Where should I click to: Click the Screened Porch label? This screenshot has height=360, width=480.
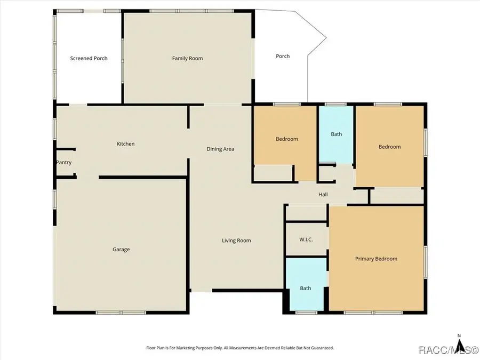tap(89, 58)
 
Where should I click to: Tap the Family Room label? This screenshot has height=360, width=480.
tap(187, 58)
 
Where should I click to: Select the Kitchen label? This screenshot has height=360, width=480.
tap(126, 144)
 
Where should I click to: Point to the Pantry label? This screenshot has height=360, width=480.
tap(63, 163)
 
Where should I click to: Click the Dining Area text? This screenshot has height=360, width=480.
tap(220, 149)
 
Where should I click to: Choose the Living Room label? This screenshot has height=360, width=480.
tap(236, 241)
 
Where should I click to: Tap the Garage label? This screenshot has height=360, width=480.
tap(121, 249)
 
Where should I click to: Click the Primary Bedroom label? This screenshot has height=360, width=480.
tap(376, 259)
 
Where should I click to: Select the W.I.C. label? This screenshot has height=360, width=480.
tap(306, 239)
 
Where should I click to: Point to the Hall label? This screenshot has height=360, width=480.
tap(323, 195)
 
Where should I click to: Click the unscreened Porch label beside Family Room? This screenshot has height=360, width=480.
tap(283, 56)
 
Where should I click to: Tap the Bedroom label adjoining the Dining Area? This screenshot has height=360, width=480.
tap(286, 139)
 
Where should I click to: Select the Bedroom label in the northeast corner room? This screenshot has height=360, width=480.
tap(389, 147)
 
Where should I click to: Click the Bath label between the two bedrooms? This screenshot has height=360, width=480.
tap(336, 134)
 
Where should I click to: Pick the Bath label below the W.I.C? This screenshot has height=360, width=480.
tap(305, 289)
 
